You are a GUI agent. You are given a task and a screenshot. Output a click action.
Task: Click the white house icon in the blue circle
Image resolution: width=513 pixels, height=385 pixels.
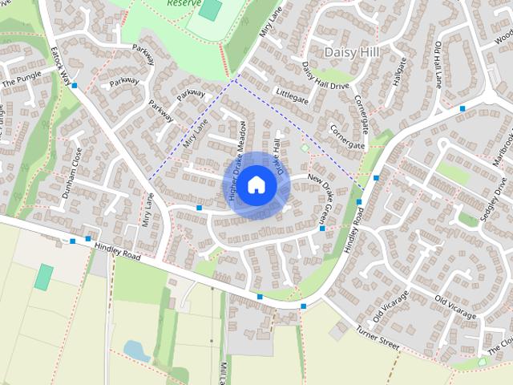click(x=256, y=184)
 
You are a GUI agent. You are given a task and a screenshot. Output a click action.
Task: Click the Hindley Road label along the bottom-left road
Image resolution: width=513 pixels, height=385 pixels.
click(x=117, y=253)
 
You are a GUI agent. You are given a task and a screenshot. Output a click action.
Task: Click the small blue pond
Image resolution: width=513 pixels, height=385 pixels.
click(x=135, y=350)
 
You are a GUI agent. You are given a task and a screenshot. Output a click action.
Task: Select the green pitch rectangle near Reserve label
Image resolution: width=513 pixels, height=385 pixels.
click(x=210, y=10)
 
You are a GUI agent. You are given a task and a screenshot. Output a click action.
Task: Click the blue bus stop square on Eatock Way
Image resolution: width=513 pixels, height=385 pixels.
click(x=75, y=85)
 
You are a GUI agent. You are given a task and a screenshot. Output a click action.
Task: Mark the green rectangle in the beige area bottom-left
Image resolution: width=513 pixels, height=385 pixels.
click(x=44, y=276)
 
